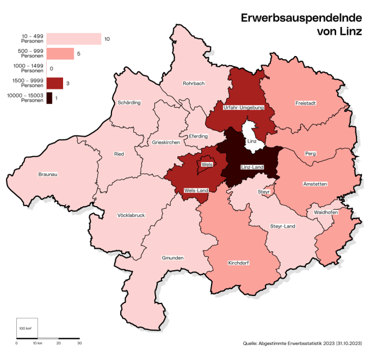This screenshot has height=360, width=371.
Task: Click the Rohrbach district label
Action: pos(194,84)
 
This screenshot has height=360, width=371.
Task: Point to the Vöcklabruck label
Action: pos(131,215)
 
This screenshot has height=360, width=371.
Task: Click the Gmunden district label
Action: pos(172,258)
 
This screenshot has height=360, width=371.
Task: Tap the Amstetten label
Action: pos(314,184)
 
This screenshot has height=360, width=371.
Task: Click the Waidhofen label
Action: pos(326,213)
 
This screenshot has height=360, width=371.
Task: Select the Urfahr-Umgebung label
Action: pos(243,108)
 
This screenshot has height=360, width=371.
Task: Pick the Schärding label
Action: pos(129,102)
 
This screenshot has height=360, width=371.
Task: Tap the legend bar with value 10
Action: pos(73,39)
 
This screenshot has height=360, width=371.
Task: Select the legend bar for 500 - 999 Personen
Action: pos(60,54)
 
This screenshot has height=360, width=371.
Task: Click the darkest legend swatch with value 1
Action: pos(50,98)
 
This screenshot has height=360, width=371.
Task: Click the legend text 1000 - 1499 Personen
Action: pos(25,69)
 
